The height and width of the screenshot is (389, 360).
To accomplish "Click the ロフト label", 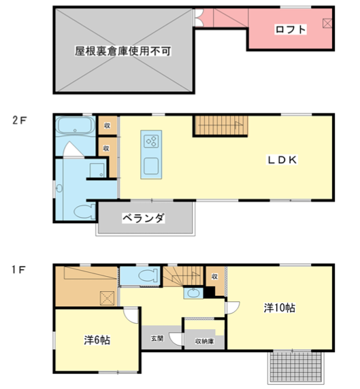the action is [x=291, y=29].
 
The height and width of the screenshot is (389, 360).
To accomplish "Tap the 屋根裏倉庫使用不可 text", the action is [x=123, y=51].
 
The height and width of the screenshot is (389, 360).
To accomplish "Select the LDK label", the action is [x=282, y=160].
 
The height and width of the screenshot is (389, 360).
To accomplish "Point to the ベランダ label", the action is [x=144, y=218].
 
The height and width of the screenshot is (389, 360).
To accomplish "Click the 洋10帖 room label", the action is [x=279, y=308].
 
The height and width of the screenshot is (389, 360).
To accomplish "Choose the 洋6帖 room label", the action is [x=97, y=340].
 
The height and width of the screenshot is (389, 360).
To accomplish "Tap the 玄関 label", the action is [x=157, y=339].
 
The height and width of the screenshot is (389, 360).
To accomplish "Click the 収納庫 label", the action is [x=204, y=341].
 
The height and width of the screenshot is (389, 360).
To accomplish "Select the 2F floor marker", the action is [x=19, y=120].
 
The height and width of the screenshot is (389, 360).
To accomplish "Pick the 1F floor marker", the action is [x=18, y=270].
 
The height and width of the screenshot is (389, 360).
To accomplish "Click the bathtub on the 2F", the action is [x=76, y=126].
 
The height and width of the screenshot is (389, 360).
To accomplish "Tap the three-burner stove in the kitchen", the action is [x=151, y=141].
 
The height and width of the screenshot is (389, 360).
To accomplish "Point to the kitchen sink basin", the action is [x=151, y=166].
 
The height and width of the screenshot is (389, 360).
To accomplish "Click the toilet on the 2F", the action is [x=84, y=212].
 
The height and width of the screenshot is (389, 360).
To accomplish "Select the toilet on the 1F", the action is [x=148, y=276].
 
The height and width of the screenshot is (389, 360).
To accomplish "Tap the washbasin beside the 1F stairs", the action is [x=193, y=293].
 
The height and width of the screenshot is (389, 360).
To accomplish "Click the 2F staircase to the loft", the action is [x=220, y=126].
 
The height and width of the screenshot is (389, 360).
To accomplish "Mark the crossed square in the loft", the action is [x=327, y=23].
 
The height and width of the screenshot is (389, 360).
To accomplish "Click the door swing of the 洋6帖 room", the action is [x=131, y=316].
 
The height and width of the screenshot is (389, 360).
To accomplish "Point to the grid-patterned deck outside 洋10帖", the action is [x=295, y=367].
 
